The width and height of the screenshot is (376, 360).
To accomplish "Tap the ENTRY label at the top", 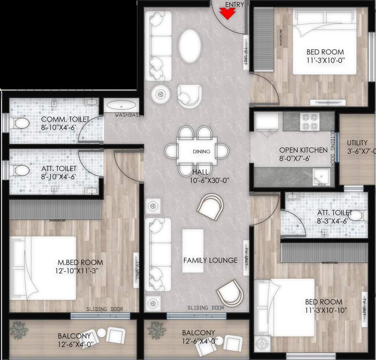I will tap(234, 5).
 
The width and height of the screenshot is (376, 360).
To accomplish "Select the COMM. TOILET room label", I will tap(65, 120).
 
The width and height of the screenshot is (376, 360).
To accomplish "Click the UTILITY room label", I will tap(357, 143).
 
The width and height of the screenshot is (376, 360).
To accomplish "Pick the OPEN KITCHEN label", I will tap(303, 150).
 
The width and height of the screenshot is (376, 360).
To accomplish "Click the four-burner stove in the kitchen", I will tap(309, 122).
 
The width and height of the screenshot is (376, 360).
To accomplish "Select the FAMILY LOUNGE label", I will tap(211, 260).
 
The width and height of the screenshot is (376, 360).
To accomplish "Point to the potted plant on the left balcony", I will tap(19, 330).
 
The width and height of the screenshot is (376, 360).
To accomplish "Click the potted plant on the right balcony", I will tap(157, 330).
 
